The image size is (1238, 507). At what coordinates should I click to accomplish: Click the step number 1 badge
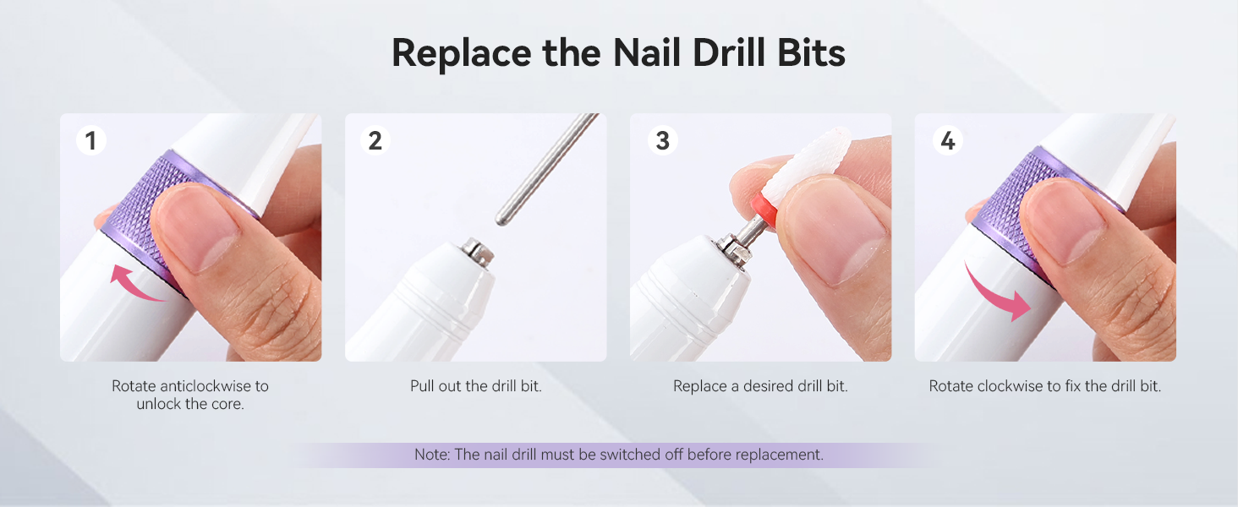coord(91,140)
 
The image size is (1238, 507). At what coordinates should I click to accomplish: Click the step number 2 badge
coord(375,140)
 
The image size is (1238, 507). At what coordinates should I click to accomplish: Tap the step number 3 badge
coord(663,140)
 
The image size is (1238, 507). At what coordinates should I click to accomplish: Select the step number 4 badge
coord(948,140)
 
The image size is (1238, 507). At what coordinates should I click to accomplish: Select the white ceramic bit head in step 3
coord(809,166)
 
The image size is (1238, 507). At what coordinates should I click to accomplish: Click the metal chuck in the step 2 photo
coord(478,252)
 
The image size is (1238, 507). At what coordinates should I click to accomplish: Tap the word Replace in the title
coord(461,54)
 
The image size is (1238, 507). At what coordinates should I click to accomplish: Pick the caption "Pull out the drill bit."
coord(476,386)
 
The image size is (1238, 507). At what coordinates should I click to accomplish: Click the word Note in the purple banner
coord(431,455)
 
